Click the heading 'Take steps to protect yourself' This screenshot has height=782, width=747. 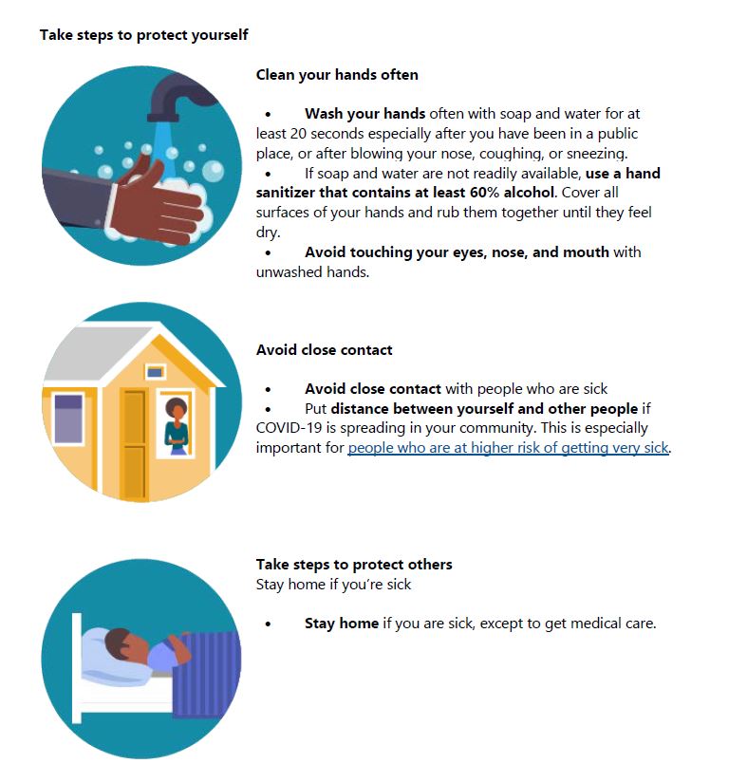(x=143, y=35)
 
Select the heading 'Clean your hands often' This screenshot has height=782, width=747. (x=337, y=74)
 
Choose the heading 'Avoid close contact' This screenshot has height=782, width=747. (x=324, y=350)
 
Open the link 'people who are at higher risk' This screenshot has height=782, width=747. (x=508, y=448)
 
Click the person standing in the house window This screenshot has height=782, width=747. (x=177, y=422)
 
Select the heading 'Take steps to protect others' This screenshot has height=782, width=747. (x=354, y=565)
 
